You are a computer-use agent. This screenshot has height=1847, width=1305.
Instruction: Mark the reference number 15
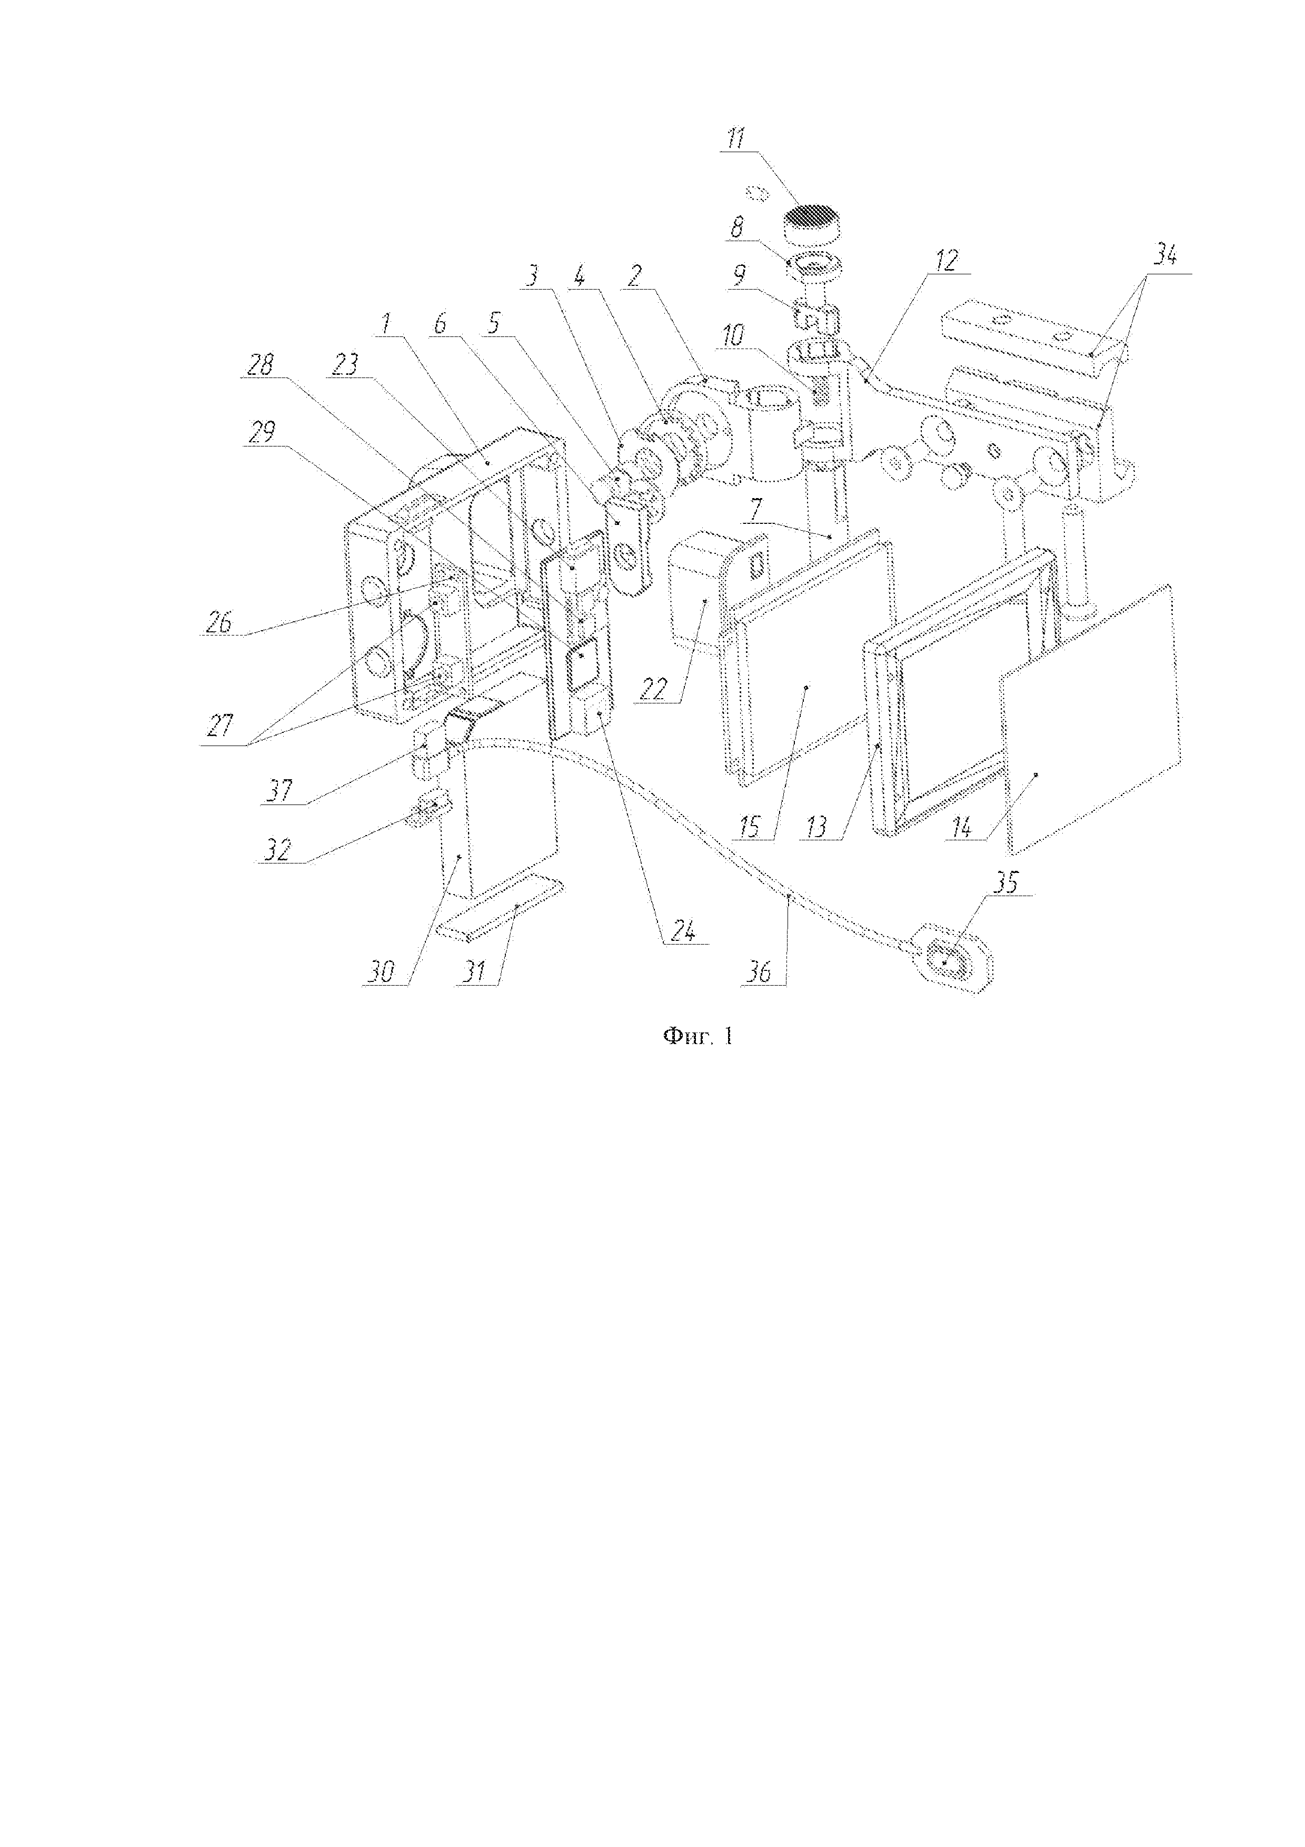coord(750,827)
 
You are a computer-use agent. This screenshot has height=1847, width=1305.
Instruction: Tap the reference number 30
coord(381,972)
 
